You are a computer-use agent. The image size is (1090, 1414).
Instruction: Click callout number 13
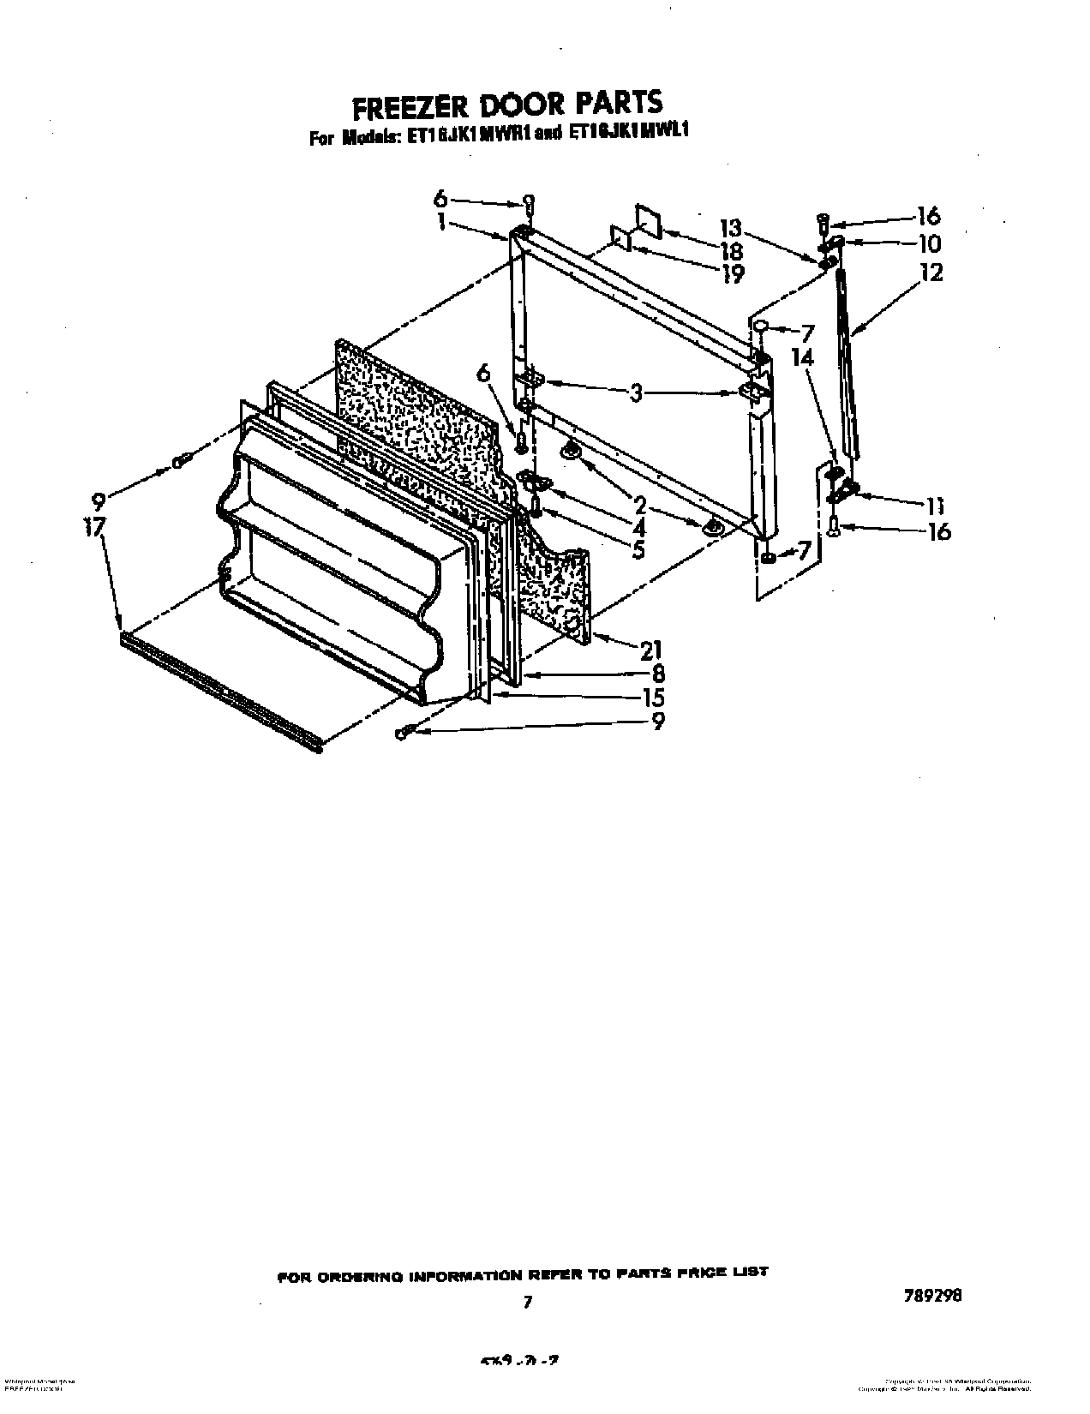[x=730, y=228]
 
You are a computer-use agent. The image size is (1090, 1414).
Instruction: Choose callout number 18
[x=731, y=252]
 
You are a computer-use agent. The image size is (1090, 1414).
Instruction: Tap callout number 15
[x=653, y=698]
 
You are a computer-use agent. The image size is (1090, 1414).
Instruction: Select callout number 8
[x=657, y=674]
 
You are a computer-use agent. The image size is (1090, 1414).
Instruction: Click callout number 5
[x=638, y=550]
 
